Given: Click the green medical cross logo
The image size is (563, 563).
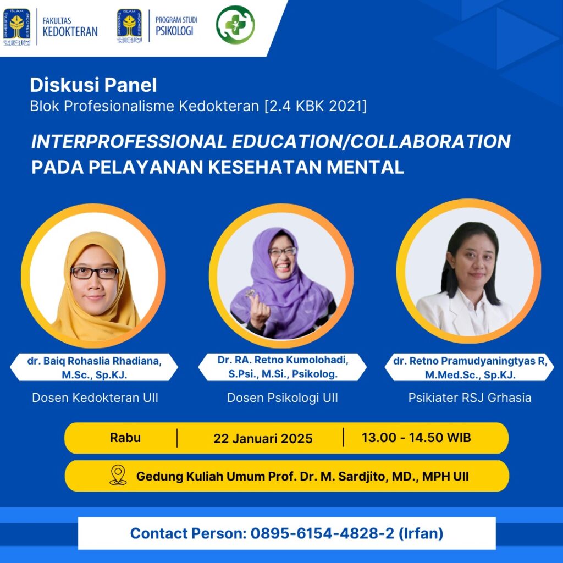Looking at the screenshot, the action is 235,25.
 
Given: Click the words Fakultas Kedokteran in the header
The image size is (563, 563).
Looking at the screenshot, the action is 70,27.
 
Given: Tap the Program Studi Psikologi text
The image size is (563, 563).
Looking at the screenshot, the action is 176,26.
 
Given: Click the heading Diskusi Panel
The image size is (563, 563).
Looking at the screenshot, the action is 93,85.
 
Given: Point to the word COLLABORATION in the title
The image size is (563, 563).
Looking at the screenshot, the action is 430,141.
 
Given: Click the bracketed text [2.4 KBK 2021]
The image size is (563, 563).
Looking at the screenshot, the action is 316,106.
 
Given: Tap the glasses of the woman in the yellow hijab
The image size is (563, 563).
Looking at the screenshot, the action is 95,273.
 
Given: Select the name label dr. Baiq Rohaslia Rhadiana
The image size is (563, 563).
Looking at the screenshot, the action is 95,361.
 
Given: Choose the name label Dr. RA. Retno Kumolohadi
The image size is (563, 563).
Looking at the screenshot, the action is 283,360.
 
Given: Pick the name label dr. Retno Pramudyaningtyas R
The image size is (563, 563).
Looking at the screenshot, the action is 470,361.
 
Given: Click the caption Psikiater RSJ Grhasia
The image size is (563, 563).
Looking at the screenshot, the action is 470,398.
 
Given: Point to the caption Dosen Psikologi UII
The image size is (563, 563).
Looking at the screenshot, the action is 283,398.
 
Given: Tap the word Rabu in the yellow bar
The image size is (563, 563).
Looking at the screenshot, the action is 125,438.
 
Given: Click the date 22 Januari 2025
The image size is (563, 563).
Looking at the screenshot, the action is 263,438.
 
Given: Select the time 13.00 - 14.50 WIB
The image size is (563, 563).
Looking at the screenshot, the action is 416,438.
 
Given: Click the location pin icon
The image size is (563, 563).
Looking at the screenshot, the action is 118,476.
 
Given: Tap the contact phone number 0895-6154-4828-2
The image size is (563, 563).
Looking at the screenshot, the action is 322,533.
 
